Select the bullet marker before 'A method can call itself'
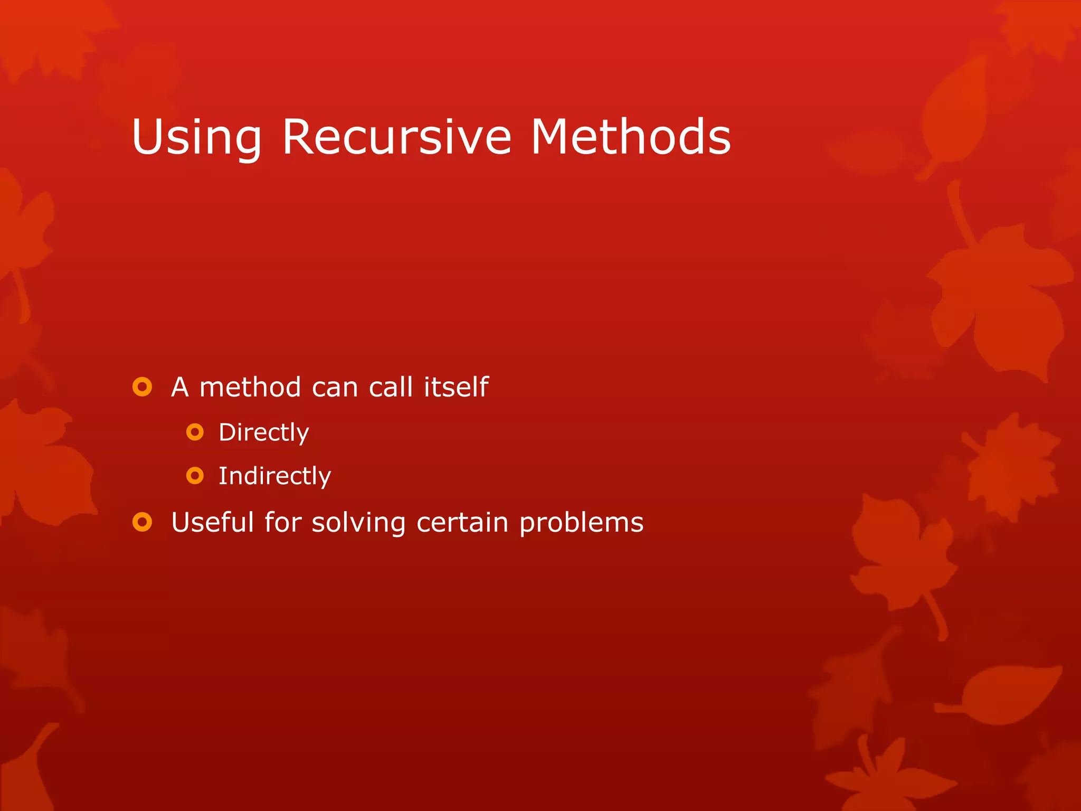pos(142,387)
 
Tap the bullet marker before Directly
pos(195,432)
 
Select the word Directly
pos(263,432)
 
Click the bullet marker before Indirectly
pos(195,476)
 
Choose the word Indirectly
pos(274,476)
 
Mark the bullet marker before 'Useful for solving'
pos(142,522)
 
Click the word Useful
pos(213,522)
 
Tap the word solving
pos(358,523)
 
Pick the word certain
pos(462,522)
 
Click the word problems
pos(581,523)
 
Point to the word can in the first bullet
pos(335,388)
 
